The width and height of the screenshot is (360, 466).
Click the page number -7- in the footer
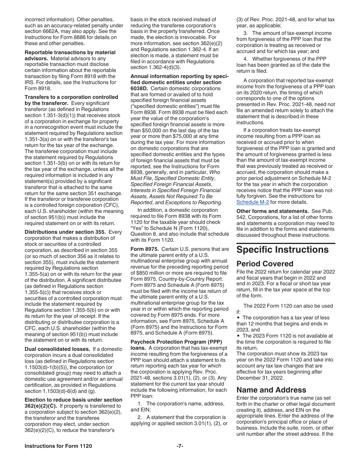click(x=180, y=446)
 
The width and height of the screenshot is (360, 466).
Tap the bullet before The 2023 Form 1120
click(x=239, y=336)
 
